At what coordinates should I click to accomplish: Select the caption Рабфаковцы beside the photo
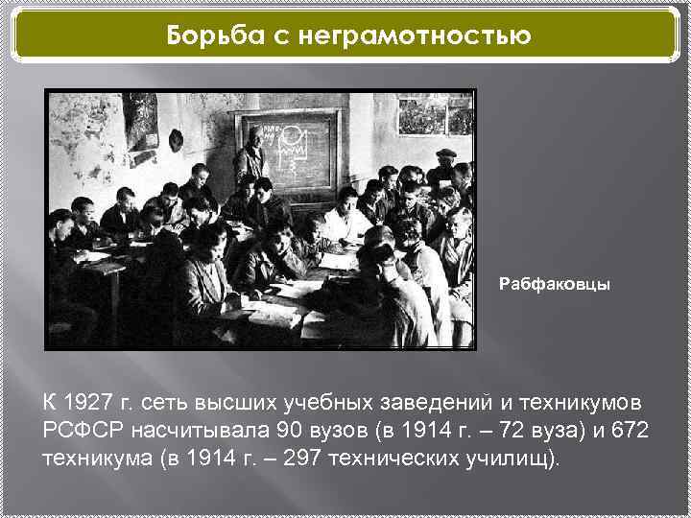pyautogui.click(x=554, y=285)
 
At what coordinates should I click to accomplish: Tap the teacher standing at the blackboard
pyautogui.click(x=252, y=158)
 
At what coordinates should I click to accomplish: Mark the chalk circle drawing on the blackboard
pyautogui.click(x=291, y=134)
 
